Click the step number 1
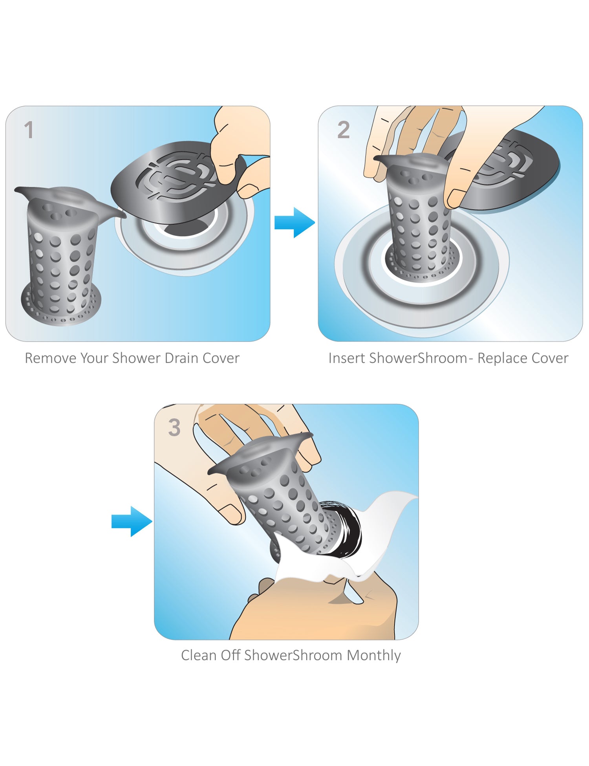pos(29,130)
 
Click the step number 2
pos(343,130)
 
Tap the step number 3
pos(174,428)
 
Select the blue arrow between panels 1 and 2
pos(294,223)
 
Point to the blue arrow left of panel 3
pos(132,522)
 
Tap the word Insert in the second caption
pos(347,358)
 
